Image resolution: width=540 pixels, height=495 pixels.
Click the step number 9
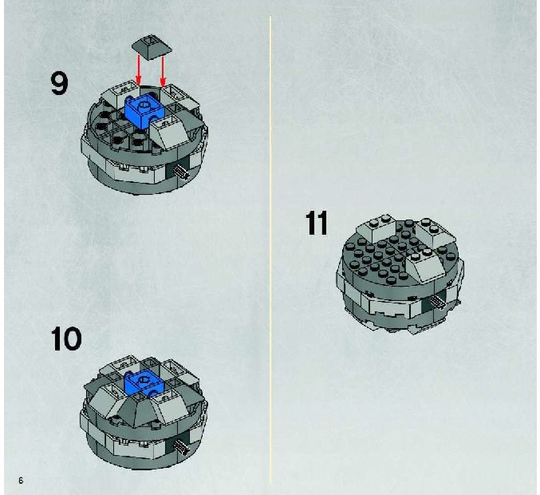pyautogui.click(x=60, y=83)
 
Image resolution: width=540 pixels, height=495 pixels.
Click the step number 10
pyautogui.click(x=66, y=339)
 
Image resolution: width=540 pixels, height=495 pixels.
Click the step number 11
pyautogui.click(x=317, y=223)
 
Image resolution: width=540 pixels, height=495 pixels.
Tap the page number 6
pyautogui.click(x=21, y=481)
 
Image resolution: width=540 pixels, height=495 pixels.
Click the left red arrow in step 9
pyautogui.click(x=139, y=69)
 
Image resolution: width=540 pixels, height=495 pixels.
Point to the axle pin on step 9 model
pyautogui.click(x=182, y=172)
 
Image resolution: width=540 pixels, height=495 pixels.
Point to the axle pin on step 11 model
pyautogui.click(x=438, y=302)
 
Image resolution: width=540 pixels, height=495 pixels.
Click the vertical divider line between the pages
pyautogui.click(x=270, y=250)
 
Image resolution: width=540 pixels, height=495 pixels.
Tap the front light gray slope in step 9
pyautogui.click(x=171, y=133)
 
